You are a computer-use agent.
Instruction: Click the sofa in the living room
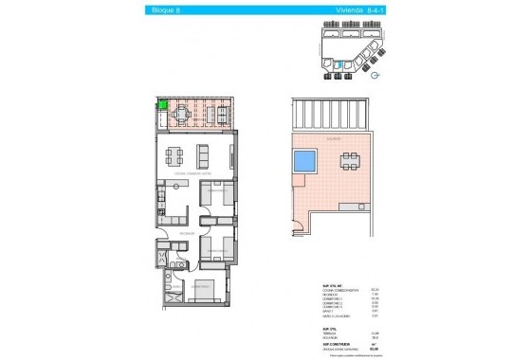click(x=199, y=153)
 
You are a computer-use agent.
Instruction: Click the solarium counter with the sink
click(x=356, y=206)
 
